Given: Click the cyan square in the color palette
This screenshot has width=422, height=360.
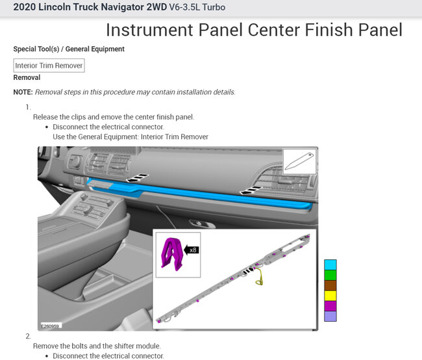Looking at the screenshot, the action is (x=330, y=264).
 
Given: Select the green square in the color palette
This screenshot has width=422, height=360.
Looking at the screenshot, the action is (x=330, y=275).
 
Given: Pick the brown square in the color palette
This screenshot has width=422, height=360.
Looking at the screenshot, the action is (x=330, y=285).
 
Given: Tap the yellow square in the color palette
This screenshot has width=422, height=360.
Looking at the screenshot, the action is (x=330, y=296).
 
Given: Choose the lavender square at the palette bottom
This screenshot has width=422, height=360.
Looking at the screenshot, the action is (x=330, y=316).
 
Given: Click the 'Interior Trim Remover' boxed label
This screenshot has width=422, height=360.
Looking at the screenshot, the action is (x=49, y=66).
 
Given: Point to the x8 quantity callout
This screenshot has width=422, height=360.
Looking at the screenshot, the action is (x=192, y=250).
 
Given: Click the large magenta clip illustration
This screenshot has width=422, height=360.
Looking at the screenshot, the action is (x=172, y=253).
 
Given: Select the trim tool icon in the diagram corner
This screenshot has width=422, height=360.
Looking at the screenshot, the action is (x=299, y=161).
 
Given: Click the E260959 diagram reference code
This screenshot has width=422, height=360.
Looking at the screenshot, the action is (x=50, y=326).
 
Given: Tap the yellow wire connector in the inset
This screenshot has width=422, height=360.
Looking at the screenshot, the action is (x=259, y=276).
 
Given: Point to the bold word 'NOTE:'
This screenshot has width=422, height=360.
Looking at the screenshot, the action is (x=23, y=92).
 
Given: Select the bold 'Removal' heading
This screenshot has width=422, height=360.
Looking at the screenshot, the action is (x=27, y=77).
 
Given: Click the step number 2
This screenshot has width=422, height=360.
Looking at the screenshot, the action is (x=28, y=337).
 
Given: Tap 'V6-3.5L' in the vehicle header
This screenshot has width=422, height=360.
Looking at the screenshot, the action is (x=184, y=7).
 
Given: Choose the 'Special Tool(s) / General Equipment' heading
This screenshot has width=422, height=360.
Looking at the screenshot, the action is (x=69, y=49).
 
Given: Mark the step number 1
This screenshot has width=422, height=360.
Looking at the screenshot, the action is (x=28, y=107).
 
